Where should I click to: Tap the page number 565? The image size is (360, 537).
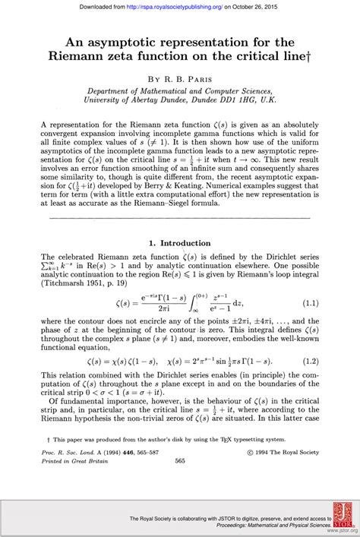(180, 460)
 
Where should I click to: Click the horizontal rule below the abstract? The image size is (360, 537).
(179, 219)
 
